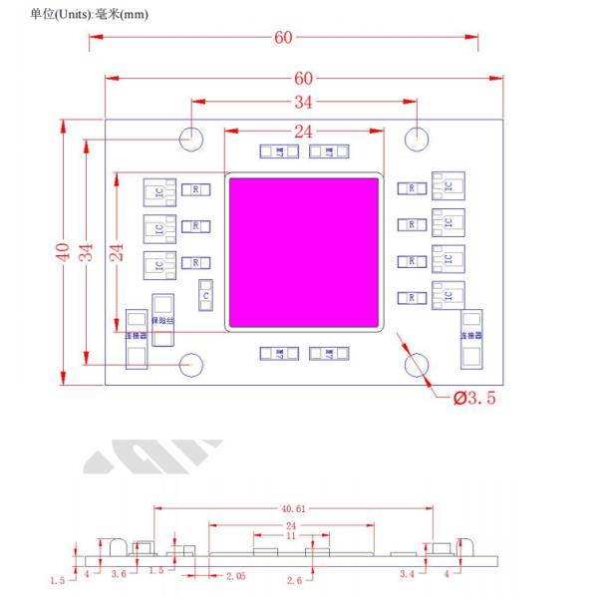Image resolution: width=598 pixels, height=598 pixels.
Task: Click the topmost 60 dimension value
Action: (x=283, y=39)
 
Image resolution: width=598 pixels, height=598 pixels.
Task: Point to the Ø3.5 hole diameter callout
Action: (x=474, y=399)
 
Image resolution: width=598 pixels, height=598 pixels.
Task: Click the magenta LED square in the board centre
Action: (x=305, y=252)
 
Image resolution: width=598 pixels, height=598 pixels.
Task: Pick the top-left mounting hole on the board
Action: (x=190, y=138)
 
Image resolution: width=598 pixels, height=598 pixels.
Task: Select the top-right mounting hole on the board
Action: (x=417, y=138)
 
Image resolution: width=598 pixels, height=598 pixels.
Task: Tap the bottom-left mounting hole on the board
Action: (x=190, y=365)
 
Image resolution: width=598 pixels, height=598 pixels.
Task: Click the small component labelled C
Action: (x=204, y=296)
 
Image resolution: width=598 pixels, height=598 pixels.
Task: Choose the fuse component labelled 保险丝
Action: (x=162, y=313)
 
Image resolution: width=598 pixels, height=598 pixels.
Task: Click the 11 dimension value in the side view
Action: (x=291, y=536)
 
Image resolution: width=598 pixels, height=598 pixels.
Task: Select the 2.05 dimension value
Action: (x=236, y=576)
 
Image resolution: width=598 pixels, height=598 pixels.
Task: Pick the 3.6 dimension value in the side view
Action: (x=119, y=574)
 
